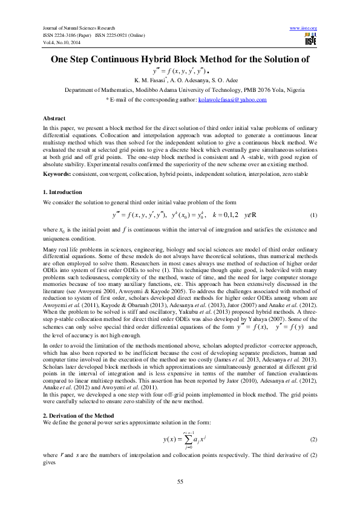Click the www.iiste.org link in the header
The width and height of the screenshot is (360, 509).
coord(304,28)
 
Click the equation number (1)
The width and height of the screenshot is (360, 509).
coord(313,216)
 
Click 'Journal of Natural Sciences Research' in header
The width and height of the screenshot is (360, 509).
coord(77,28)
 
